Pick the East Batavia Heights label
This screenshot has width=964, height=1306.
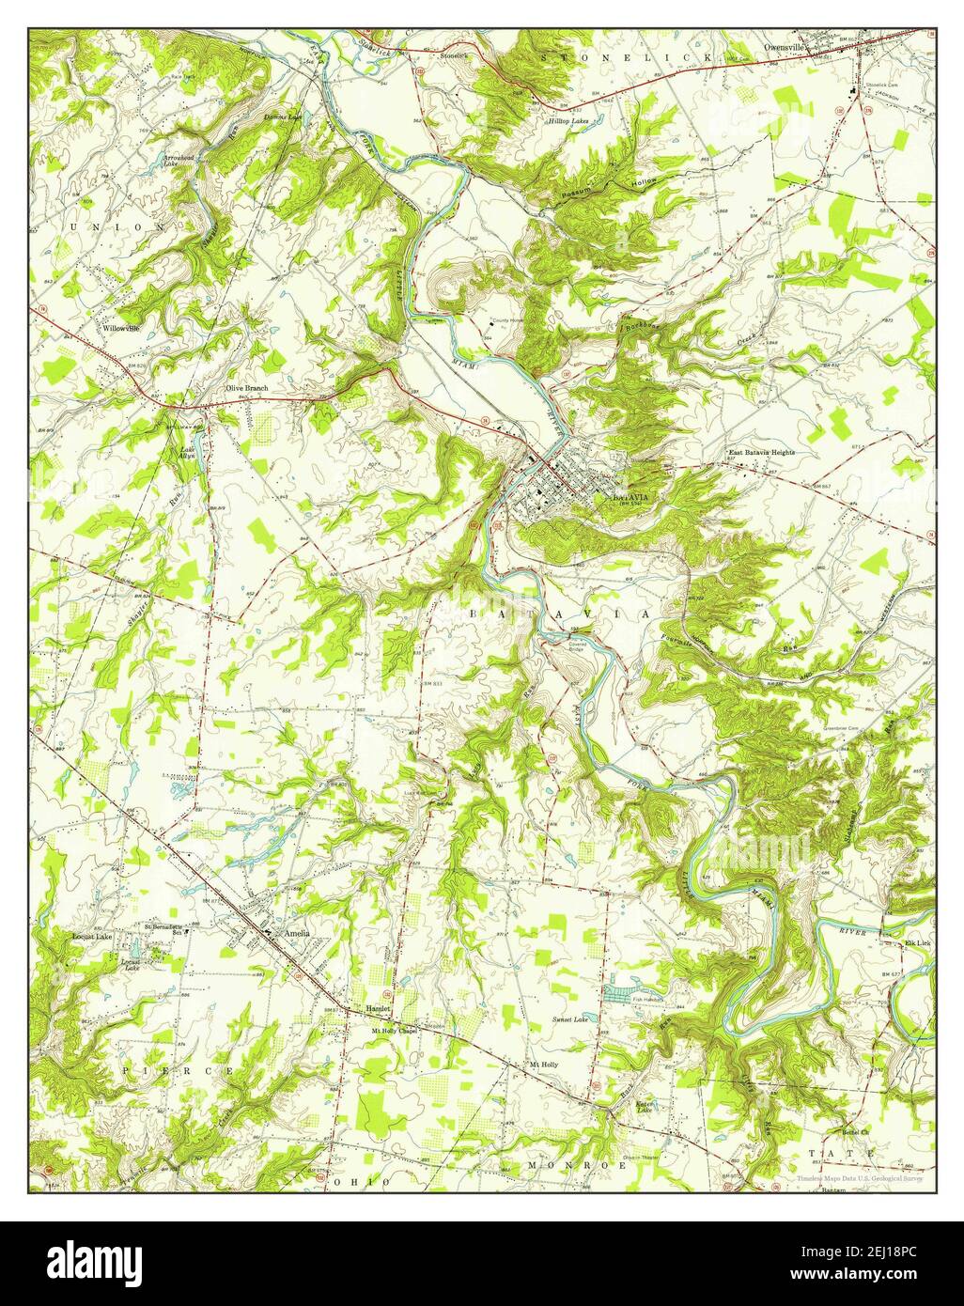tap(762, 452)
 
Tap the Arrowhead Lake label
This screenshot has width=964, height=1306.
tap(178, 161)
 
